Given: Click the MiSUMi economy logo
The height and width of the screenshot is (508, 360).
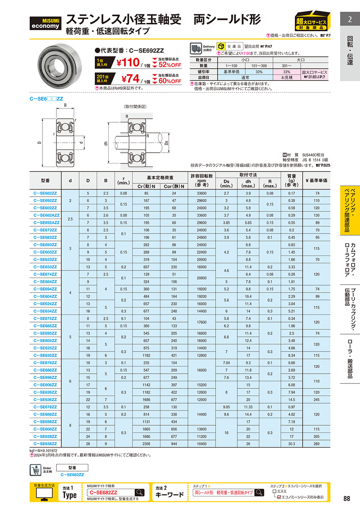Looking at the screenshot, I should [x=46, y=24].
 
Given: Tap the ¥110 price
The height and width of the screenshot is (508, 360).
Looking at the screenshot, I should [x=128, y=63].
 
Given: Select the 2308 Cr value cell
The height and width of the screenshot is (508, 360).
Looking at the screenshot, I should [x=148, y=444].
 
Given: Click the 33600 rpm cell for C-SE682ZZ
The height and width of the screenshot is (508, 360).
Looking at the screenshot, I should [x=201, y=193].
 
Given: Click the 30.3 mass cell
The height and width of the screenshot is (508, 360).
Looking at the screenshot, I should [x=292, y=444].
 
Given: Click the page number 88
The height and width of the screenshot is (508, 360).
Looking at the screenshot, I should [x=346, y=498].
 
